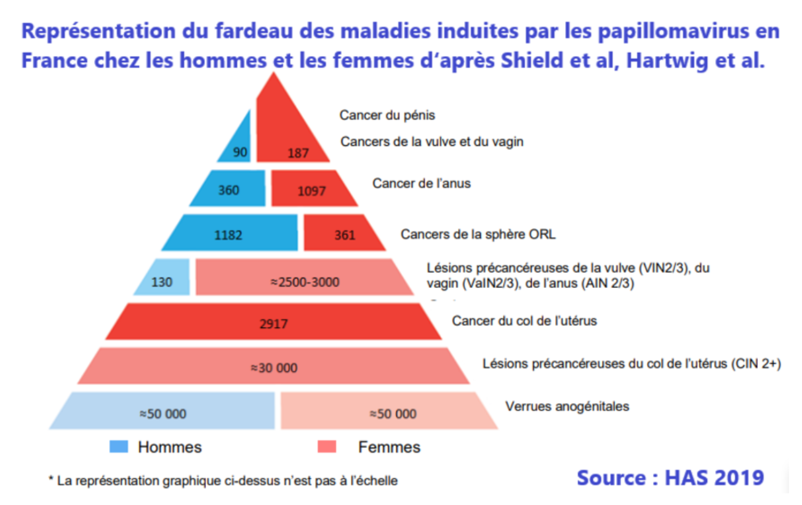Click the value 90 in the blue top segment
tap(240, 151)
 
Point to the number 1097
tap(311, 191)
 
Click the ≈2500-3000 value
tap(305, 282)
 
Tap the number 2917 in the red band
tap(273, 323)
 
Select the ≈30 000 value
tap(273, 368)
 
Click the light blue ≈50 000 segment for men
tap(162, 413)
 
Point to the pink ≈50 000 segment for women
tap(393, 413)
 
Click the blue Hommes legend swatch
tap(119, 447)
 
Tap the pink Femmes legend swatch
tap(326, 447)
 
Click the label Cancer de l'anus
tap(421, 183)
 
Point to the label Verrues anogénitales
tap(567, 407)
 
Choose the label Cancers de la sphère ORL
tap(478, 234)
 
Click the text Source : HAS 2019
tap(670, 477)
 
